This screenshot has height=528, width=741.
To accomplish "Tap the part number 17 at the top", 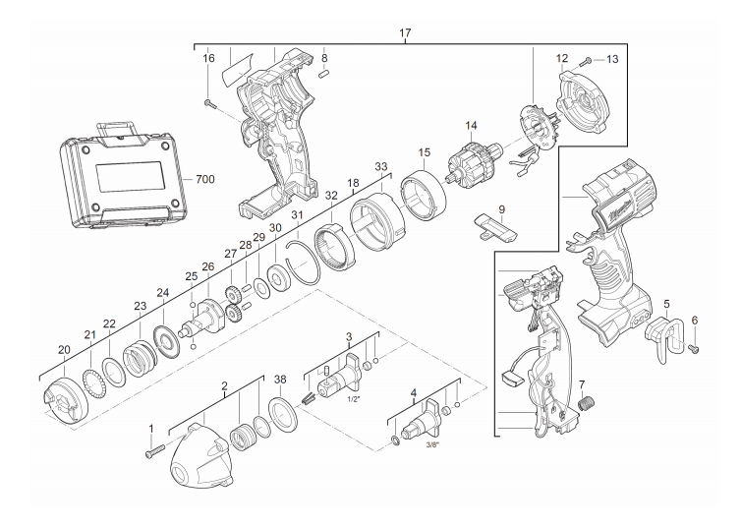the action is pos(405,33).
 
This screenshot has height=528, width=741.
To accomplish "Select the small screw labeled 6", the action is pos(694,349).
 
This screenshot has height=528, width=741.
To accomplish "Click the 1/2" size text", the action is pos(354,399).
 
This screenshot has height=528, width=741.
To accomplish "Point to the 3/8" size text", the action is pos(432,444).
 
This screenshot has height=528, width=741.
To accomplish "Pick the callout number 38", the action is pos(280,380).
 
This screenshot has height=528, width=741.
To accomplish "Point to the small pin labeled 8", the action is pos(324,74).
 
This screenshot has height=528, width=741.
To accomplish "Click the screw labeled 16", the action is pos(210,103).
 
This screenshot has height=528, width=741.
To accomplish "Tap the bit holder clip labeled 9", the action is pos(495,226).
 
